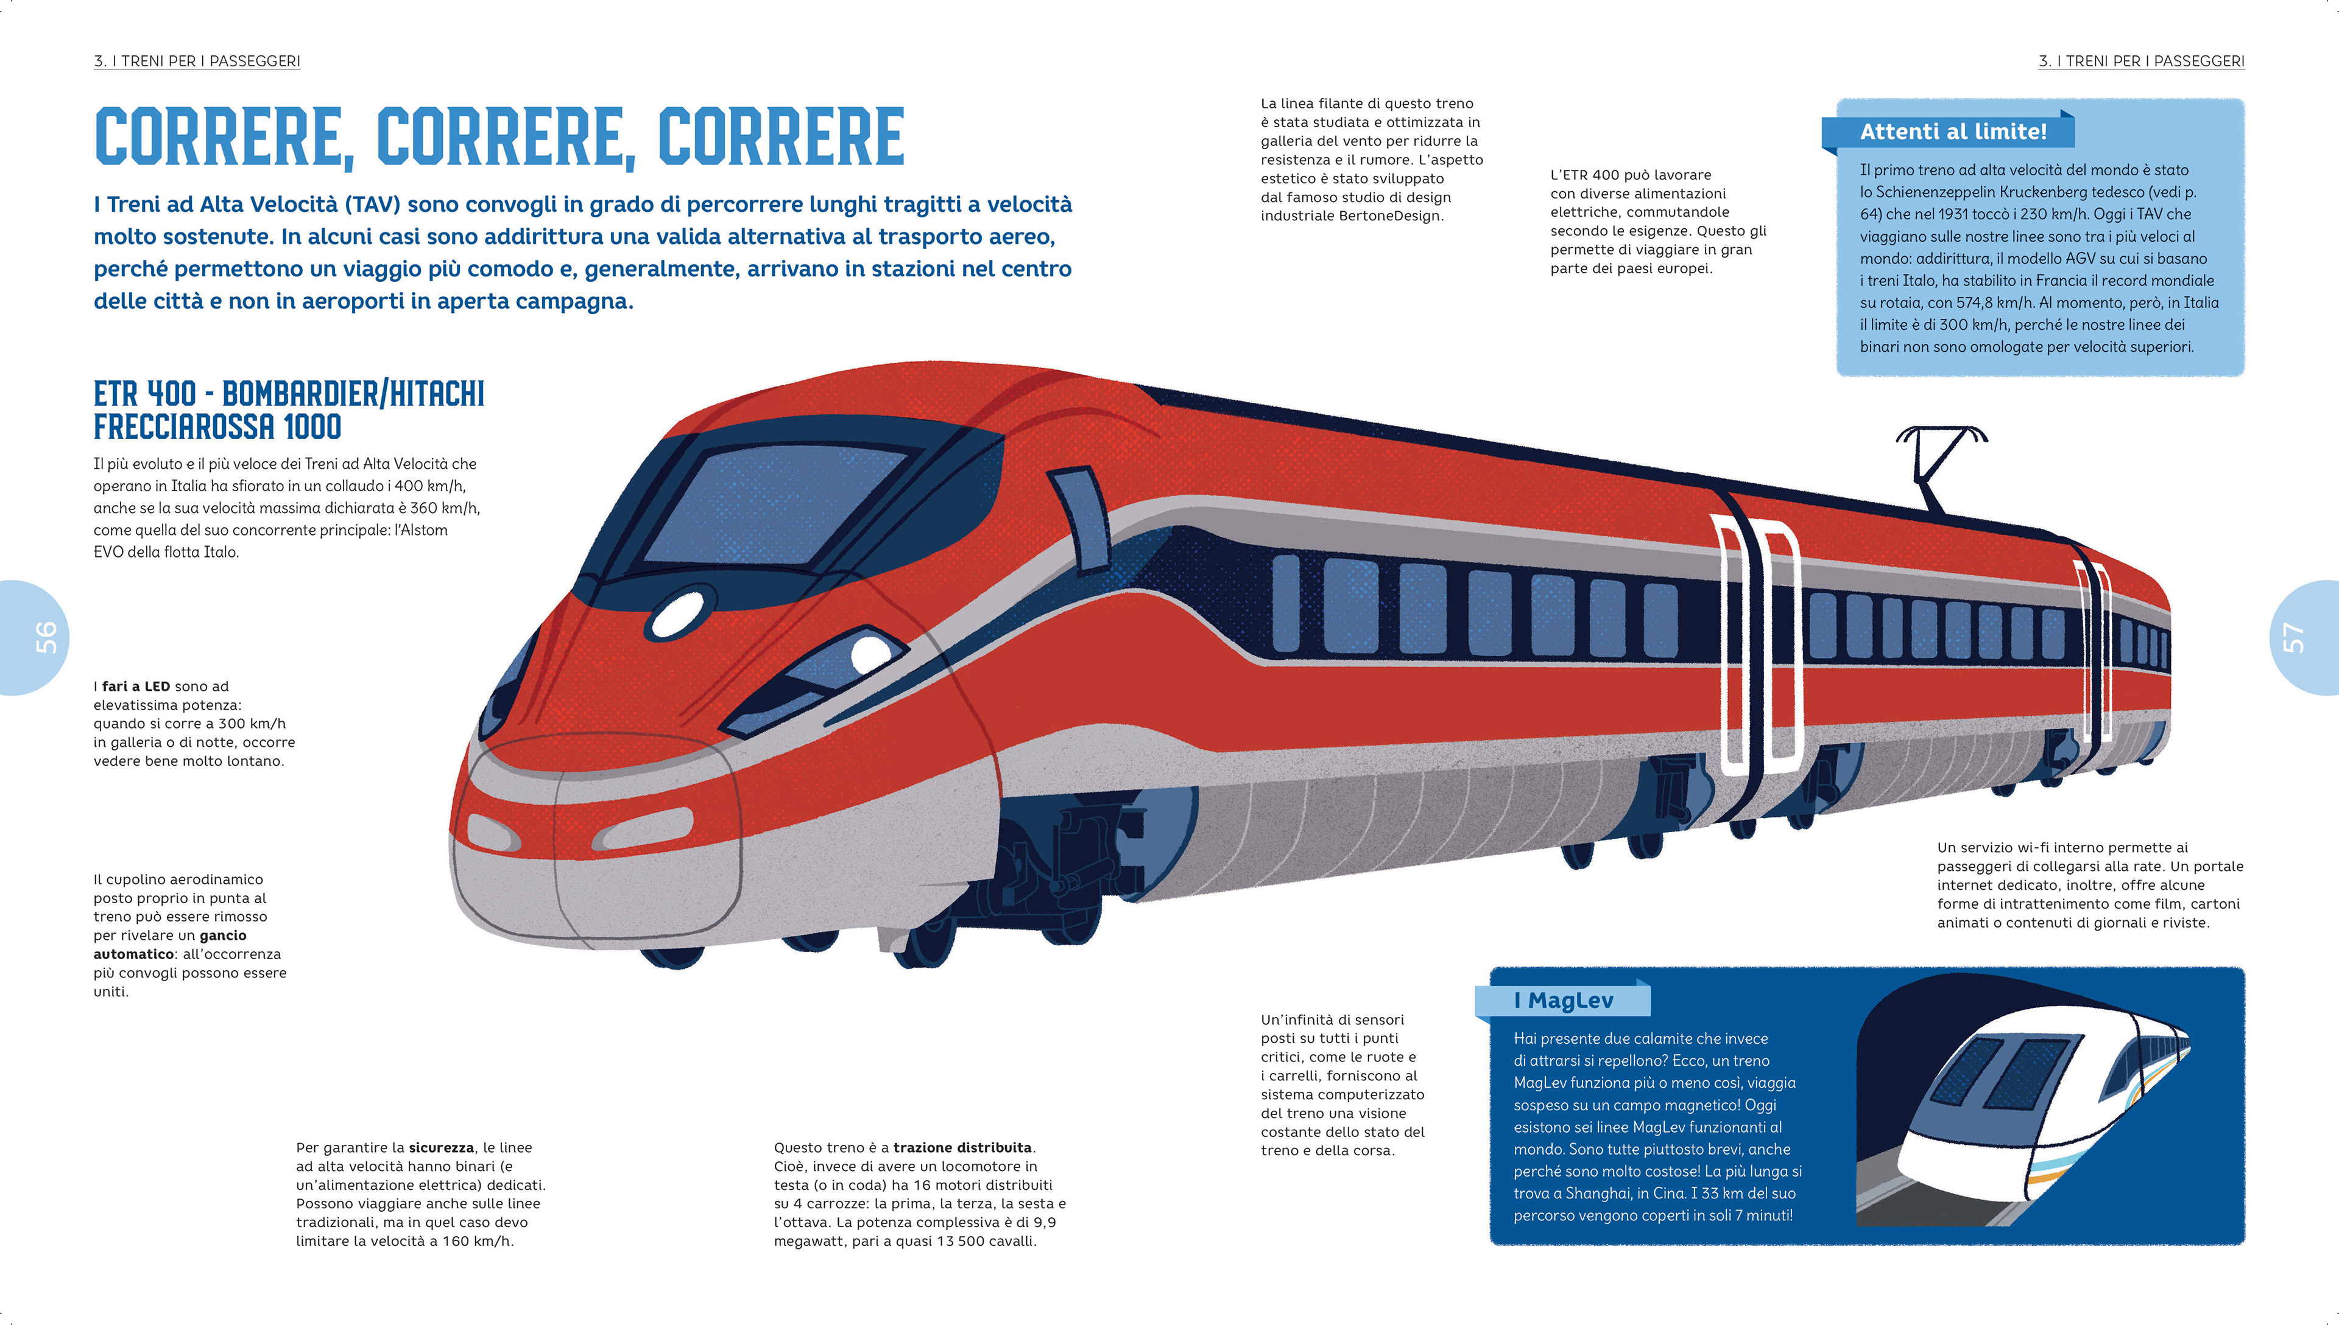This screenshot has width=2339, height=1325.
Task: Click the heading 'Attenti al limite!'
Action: click(1953, 132)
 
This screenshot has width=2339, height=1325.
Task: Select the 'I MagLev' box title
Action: click(1562, 1000)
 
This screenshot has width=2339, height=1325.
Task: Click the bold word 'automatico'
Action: click(134, 954)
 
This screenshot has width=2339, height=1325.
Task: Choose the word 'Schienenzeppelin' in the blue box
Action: click(1935, 192)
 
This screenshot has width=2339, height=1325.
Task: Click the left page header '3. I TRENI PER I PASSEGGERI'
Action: click(197, 61)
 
